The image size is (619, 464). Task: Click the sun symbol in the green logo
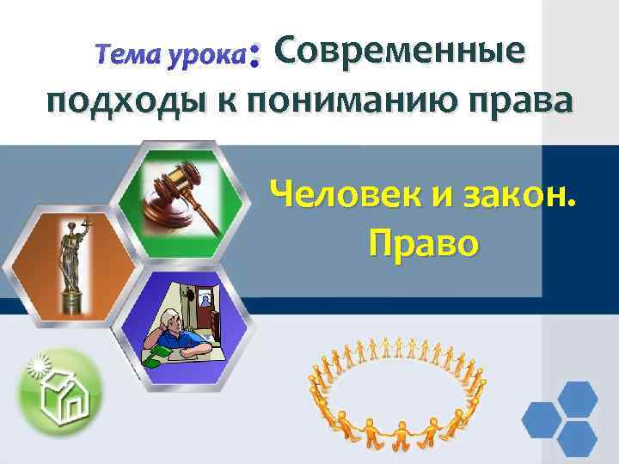point(40,364)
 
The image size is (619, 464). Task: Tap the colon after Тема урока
point(254,58)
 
